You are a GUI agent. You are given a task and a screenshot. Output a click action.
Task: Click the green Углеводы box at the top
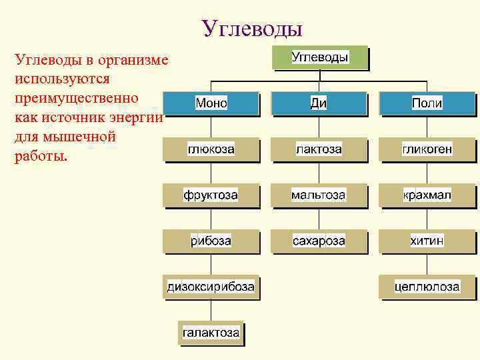coord(320,57)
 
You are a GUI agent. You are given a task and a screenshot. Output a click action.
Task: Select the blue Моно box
coord(211,103)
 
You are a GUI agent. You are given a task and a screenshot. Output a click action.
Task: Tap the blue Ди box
coord(319,103)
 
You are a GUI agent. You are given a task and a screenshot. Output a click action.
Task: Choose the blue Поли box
coord(427,103)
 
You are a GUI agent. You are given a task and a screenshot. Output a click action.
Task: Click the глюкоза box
coord(211,149)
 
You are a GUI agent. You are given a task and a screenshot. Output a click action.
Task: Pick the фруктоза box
coord(211,195)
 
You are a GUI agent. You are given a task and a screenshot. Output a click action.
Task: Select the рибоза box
coord(211,241)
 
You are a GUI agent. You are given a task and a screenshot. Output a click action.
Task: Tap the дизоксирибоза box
coord(211,287)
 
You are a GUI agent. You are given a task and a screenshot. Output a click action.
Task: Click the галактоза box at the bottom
coord(211,332)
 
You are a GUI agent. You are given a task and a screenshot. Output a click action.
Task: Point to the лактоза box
coord(319,149)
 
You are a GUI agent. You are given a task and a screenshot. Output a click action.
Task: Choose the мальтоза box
coord(319,195)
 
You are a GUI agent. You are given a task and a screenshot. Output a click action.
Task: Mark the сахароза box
coord(319,241)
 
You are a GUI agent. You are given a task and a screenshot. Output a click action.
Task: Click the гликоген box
coord(427,149)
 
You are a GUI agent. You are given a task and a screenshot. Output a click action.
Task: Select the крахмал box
coord(427,195)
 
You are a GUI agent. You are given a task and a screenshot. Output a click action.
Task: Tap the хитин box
coord(427,241)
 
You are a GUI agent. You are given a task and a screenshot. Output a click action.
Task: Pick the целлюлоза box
coord(427,287)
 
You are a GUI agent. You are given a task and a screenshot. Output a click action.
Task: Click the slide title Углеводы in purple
coord(252,28)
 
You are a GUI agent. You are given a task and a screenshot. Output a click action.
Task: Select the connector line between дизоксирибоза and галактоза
coord(211,310)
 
